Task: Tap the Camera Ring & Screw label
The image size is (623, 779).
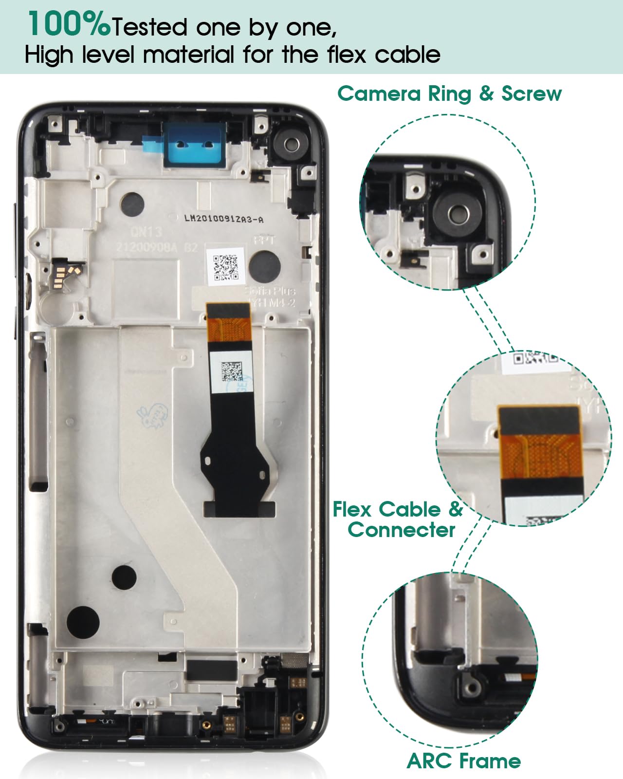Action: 449,93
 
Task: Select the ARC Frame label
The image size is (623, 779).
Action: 463,761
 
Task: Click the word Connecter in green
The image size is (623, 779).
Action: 402,530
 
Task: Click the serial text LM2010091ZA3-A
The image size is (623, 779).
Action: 223,219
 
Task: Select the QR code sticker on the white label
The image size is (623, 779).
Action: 225,267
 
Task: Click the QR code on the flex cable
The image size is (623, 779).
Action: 231,371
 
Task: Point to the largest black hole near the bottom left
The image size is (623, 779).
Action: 83,622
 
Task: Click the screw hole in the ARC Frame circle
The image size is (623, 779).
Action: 471,687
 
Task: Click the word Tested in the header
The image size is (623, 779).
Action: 150,27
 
